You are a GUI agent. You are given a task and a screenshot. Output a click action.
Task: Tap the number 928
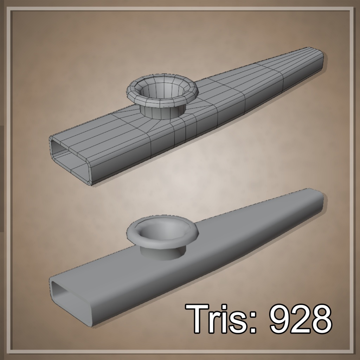pyautogui.click(x=300, y=319)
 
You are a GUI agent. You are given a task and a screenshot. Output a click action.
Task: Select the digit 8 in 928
pyautogui.click(x=321, y=319)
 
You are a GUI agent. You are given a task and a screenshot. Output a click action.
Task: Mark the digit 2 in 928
pyautogui.click(x=300, y=319)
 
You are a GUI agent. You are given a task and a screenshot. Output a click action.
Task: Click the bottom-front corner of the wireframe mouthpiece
pyautogui.click(x=92, y=183)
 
